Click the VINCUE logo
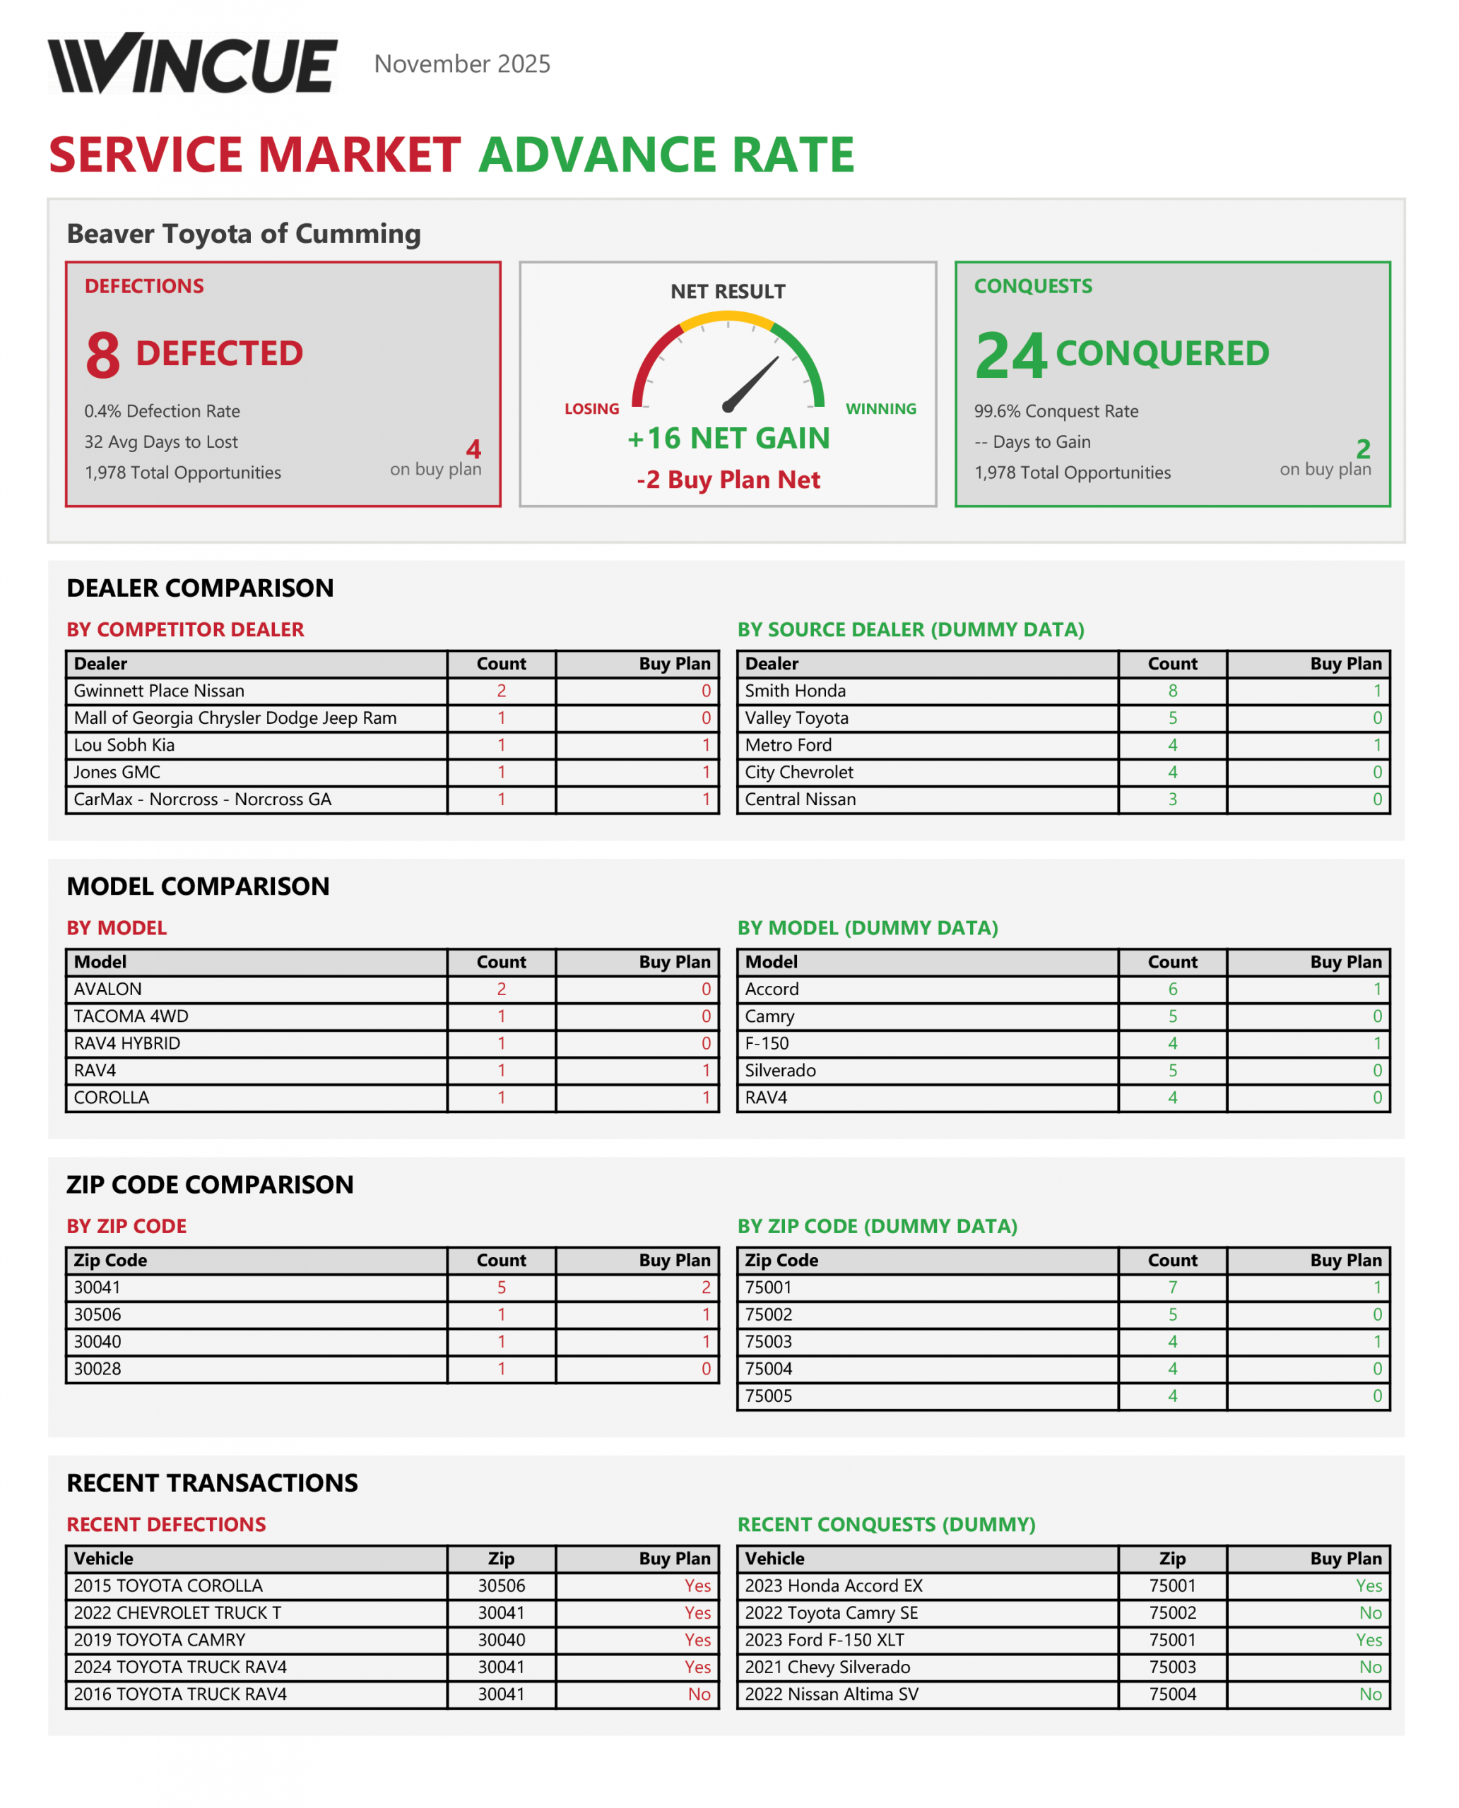[x=192, y=64]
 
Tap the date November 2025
[x=461, y=64]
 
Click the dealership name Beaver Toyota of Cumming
[x=244, y=234]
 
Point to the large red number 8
[x=102, y=355]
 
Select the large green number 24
[x=1010, y=355]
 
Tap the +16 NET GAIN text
[x=728, y=438]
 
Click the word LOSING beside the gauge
[x=591, y=409]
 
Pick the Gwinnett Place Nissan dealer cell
[x=159, y=691]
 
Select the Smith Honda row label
[x=795, y=691]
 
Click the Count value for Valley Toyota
[x=1171, y=718]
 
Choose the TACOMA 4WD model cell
[x=131, y=1016]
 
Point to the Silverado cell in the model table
[x=780, y=1071]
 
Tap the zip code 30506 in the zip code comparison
[x=98, y=1314]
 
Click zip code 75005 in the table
[x=768, y=1396]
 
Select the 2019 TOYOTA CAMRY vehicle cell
[x=160, y=1639]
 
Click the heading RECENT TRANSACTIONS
[x=212, y=1483]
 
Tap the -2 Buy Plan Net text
[x=728, y=480]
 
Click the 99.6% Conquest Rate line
[x=1056, y=411]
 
